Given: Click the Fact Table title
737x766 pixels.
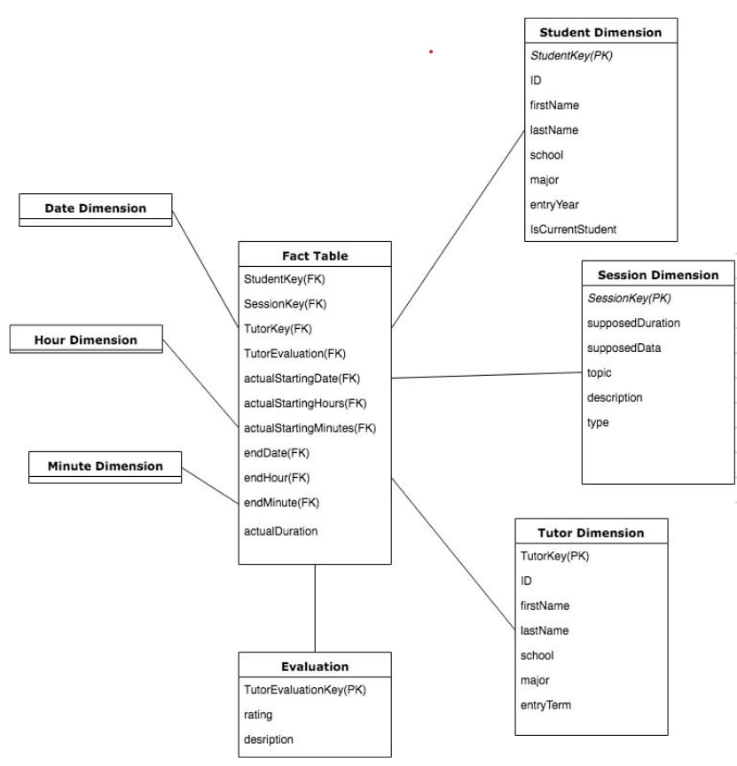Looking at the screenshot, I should pos(315,255).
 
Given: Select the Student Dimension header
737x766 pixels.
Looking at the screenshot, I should pos(600,33).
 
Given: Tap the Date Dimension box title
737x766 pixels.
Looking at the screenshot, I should pos(96,208).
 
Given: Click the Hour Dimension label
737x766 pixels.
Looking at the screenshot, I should pos(86,340).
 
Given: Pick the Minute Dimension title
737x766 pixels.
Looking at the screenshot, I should pos(105,465).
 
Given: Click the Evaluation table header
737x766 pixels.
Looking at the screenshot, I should pos(315,666).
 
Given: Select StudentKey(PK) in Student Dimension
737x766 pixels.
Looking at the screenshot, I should pos(571,56).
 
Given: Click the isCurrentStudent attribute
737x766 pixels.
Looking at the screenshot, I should pos(573,229).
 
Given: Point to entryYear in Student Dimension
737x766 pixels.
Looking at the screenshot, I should pos(554,204).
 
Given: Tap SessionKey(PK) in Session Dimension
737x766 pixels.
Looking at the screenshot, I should pos(629,298).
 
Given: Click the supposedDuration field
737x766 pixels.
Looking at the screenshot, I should pos(633,323).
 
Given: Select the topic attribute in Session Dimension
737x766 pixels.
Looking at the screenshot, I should pos(600,372).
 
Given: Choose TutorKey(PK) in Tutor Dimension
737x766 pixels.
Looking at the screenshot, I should pos(554,556).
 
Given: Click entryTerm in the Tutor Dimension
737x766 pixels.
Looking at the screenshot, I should pos(546,705).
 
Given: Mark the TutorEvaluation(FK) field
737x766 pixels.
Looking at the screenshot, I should pos(294,354).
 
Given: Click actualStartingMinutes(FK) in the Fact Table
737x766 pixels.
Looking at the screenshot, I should pos(310,428).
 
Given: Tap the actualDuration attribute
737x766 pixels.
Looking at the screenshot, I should pos(280,531).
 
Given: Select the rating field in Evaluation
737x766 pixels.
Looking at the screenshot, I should pos(258,714).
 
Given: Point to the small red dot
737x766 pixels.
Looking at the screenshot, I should pos(431,51).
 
